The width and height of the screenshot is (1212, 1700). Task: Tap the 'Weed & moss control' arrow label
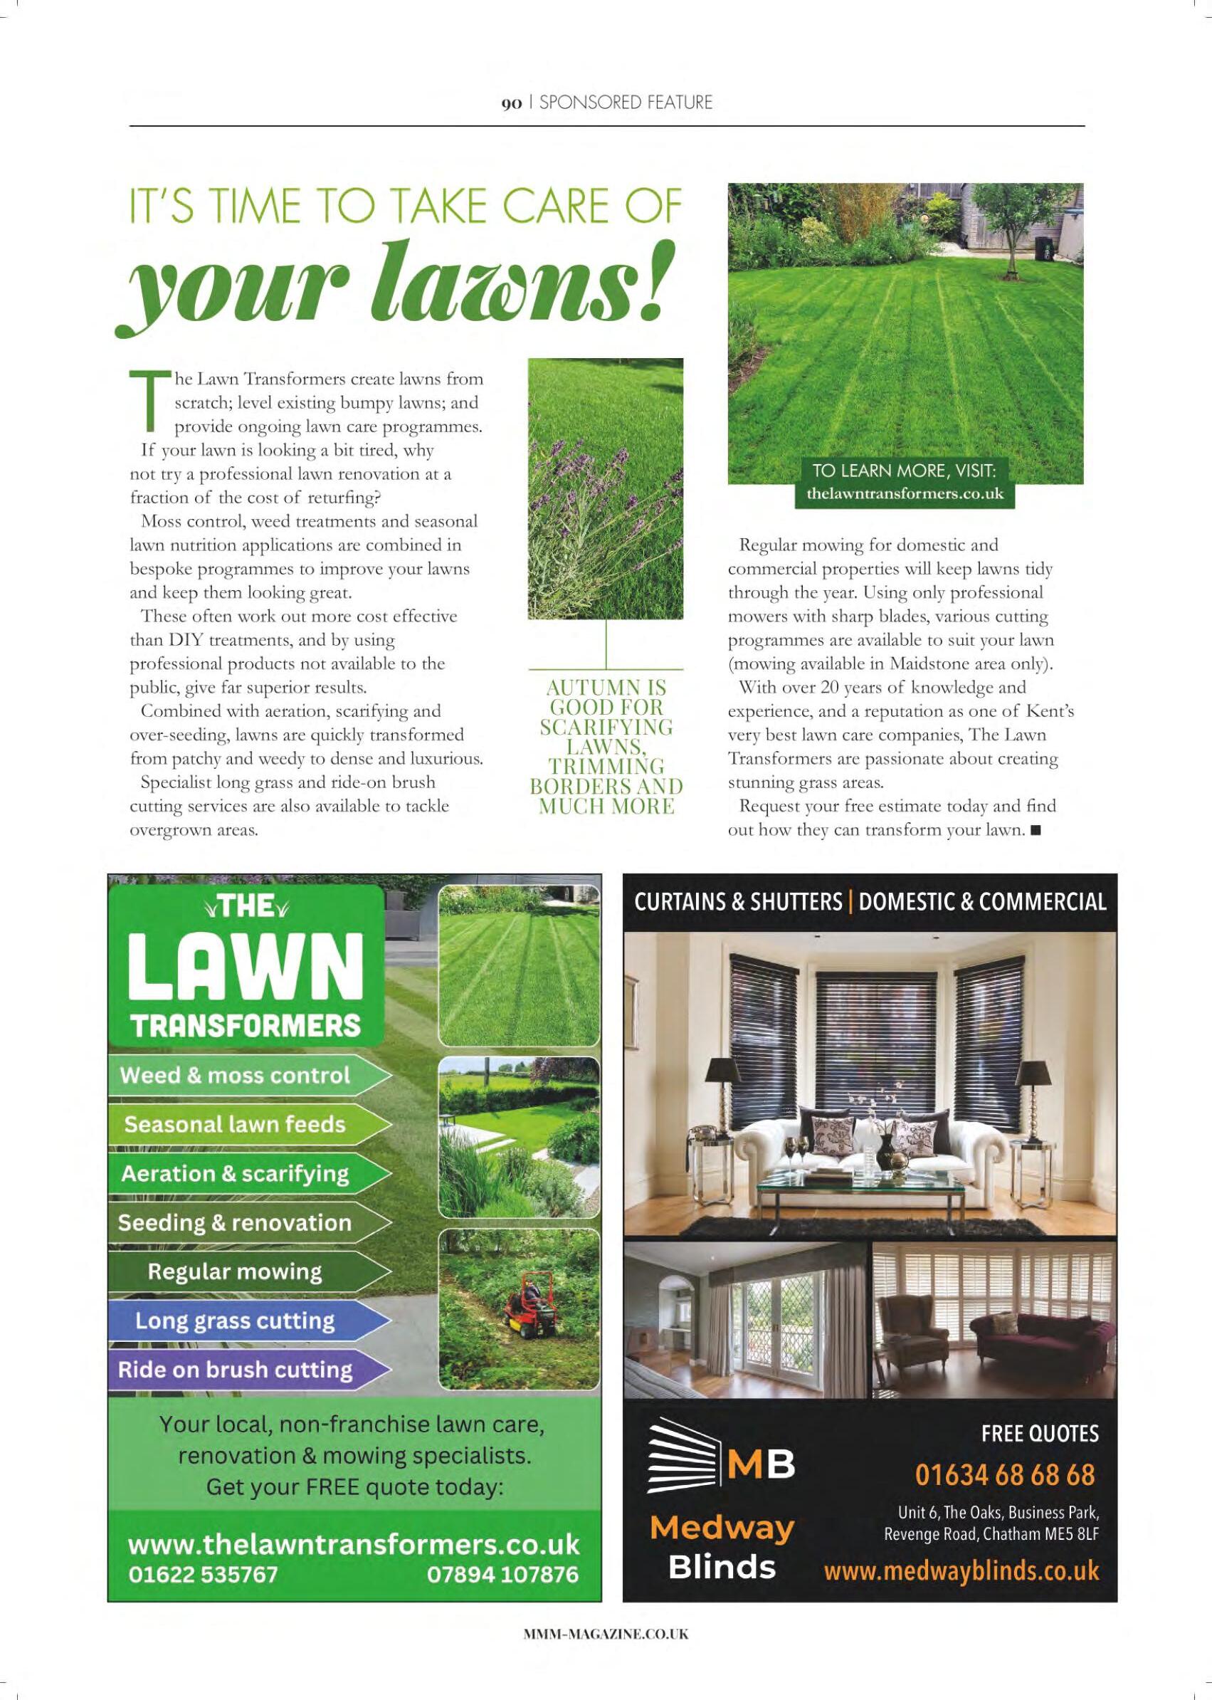235,1076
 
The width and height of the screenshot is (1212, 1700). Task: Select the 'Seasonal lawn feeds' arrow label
235,1125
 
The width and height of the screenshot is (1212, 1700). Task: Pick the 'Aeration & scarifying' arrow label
235,1174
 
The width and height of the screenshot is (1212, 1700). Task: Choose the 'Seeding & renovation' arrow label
235,1223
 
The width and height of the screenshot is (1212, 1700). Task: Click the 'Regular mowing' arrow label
235,1271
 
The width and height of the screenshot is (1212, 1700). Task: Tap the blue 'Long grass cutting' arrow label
235,1321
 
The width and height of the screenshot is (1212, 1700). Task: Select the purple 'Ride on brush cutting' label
235,1370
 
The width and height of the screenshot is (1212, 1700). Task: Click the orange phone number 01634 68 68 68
1006,1475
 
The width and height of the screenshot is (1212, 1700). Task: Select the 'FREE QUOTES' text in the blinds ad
1040,1434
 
